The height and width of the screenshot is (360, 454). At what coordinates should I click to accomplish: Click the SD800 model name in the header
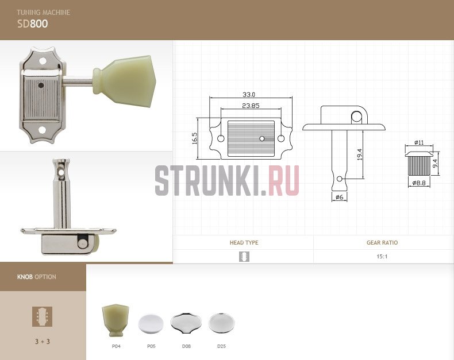(32, 24)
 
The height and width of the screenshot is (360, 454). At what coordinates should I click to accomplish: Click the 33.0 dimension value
(249, 94)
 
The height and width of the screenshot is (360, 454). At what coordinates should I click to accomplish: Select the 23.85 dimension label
(251, 106)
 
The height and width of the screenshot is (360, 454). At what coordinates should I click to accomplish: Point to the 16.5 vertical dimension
(194, 138)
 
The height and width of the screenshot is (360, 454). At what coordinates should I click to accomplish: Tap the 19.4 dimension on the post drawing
(359, 154)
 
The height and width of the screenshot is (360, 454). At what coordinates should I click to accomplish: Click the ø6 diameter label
(339, 197)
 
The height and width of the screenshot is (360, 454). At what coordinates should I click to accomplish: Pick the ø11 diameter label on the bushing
(419, 142)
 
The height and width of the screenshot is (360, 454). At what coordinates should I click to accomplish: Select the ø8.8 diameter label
(419, 183)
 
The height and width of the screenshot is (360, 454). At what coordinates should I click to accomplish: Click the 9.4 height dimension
(435, 164)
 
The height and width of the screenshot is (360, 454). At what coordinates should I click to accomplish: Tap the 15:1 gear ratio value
(382, 257)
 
